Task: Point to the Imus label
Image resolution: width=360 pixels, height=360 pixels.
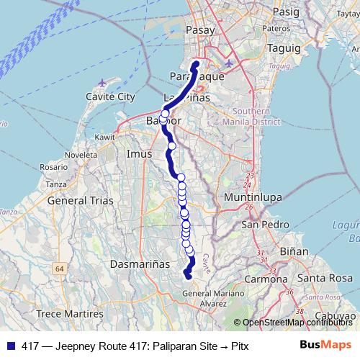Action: pyautogui.click(x=139, y=154)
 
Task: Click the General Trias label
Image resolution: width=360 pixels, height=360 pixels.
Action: pyautogui.click(x=78, y=201)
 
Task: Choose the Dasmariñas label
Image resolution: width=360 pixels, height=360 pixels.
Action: pyautogui.click(x=139, y=264)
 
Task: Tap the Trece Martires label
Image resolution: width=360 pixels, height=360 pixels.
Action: pyautogui.click(x=70, y=314)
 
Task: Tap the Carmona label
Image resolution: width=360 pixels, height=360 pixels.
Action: pyautogui.click(x=263, y=278)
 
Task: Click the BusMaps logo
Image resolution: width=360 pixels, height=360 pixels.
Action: pyautogui.click(x=330, y=345)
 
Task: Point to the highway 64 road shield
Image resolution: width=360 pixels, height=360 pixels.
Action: pyautogui.click(x=59, y=269)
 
